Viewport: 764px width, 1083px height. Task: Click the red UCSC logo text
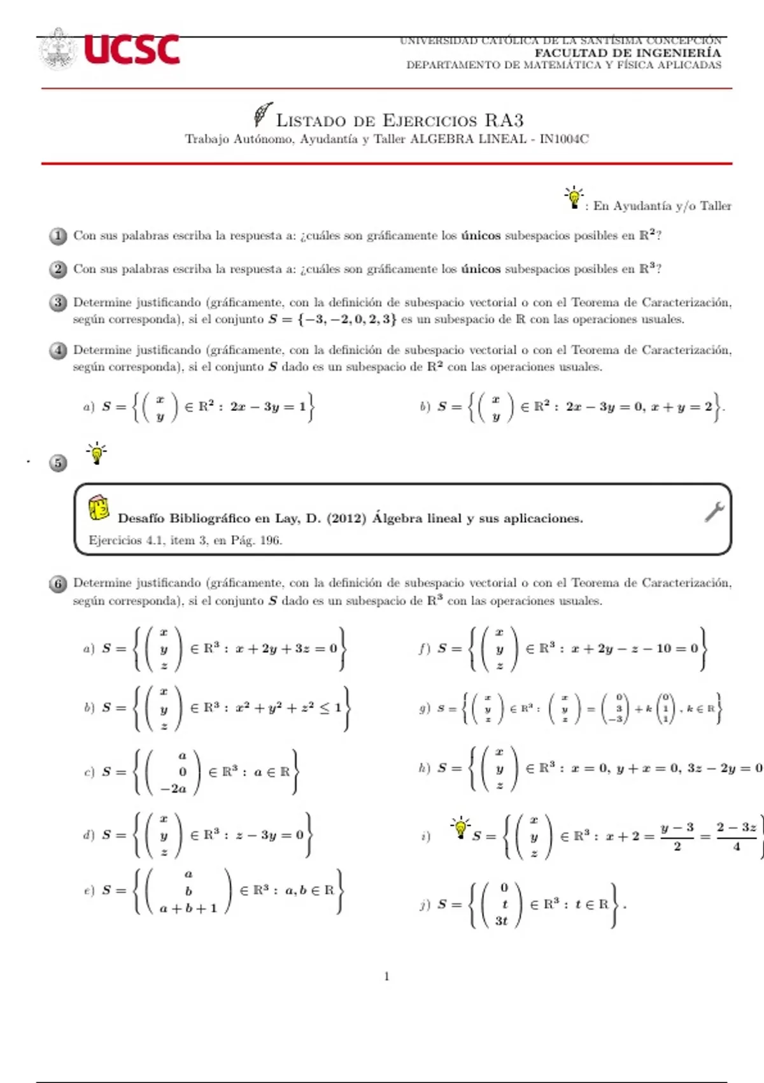coord(132,50)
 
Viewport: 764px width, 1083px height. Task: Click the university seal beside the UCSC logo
coord(59,48)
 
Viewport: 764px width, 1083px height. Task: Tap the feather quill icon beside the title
coord(262,115)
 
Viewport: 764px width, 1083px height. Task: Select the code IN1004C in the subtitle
coord(564,139)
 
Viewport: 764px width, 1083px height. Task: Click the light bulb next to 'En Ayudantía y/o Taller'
coord(574,197)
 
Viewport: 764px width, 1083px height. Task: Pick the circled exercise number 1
coord(58,236)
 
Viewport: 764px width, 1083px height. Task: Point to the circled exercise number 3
coord(58,303)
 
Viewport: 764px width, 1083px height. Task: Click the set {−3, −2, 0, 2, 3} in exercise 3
coord(346,319)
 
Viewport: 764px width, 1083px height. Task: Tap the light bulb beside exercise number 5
coord(97,453)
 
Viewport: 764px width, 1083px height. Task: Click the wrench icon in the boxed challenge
coord(714,512)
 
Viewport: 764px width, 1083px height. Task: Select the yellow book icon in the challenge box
coord(99,508)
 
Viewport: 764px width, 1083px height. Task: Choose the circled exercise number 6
coord(58,584)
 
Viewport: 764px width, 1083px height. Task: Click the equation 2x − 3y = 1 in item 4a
coord(268,406)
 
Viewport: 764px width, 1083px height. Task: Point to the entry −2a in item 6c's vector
coord(173,789)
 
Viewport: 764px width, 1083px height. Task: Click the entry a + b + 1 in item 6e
coord(188,908)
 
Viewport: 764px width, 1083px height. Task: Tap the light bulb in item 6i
coord(460,827)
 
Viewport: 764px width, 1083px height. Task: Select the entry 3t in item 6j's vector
coord(502,921)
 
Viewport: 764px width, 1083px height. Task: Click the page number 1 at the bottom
coord(386,976)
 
